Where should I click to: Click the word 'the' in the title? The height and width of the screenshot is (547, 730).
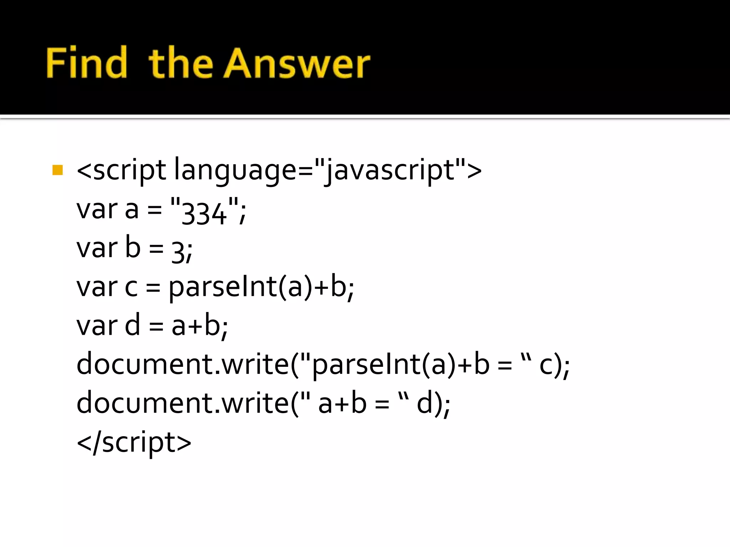coord(181,63)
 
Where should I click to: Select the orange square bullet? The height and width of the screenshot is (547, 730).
coord(57,170)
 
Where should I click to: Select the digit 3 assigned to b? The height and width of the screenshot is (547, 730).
coord(178,251)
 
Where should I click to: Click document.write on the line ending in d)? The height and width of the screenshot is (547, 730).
coord(183,403)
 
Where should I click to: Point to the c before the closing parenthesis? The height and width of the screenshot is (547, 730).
coord(546,365)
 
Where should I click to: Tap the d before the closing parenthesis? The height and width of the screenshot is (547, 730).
coord(424,403)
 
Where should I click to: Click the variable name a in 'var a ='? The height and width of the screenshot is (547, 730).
coord(132,210)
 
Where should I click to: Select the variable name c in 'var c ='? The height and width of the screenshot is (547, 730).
coord(131,287)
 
